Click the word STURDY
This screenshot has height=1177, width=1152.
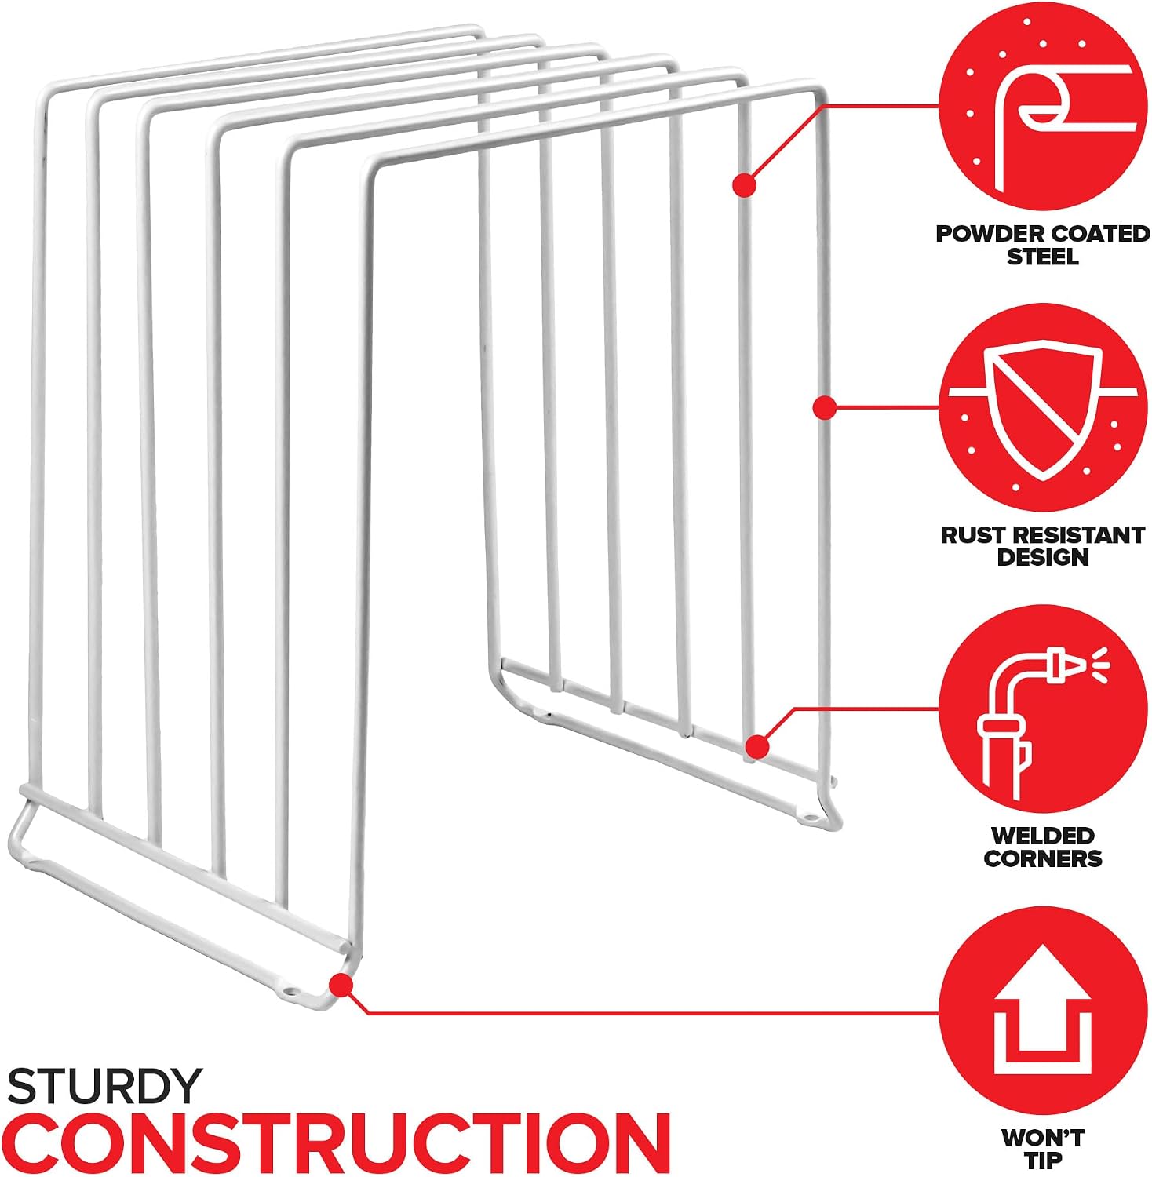point(104,1087)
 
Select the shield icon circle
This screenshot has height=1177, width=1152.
point(1042,407)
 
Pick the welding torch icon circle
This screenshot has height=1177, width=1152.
point(1042,709)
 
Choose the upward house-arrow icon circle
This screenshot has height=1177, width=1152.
point(1042,1011)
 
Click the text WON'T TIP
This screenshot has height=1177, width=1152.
point(1043,1149)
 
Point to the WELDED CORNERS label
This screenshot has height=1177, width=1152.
point(1043,847)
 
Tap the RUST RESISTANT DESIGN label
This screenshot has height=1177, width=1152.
point(1043,546)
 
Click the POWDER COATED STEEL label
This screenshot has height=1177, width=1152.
point(1043,245)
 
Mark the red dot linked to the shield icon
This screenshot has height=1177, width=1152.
point(823,407)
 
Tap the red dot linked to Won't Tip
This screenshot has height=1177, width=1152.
point(340,982)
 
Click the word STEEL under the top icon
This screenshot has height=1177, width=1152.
point(1043,257)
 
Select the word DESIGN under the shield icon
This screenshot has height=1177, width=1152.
point(1043,557)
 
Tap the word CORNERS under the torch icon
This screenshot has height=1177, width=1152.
point(1043,858)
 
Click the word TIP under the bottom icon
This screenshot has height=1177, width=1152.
point(1043,1160)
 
